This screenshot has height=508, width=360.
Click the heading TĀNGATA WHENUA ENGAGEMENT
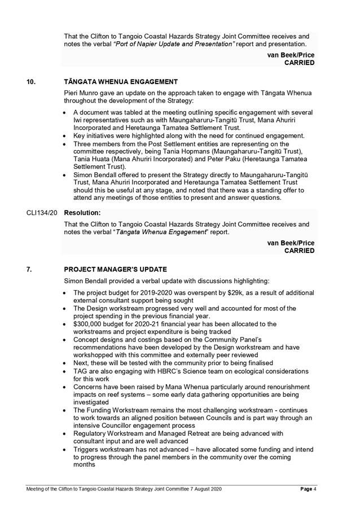click(121, 82)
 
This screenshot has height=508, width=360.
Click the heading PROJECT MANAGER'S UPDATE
click(116, 269)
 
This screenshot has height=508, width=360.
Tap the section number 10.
click(31, 82)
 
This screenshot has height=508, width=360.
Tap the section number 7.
click(29, 269)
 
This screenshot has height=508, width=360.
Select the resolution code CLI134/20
click(42, 214)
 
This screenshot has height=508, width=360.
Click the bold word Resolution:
click(82, 214)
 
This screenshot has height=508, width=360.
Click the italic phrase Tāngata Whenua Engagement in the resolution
click(152, 232)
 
